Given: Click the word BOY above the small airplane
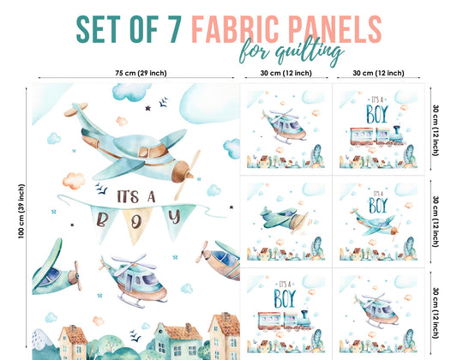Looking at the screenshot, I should click(x=376, y=206).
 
